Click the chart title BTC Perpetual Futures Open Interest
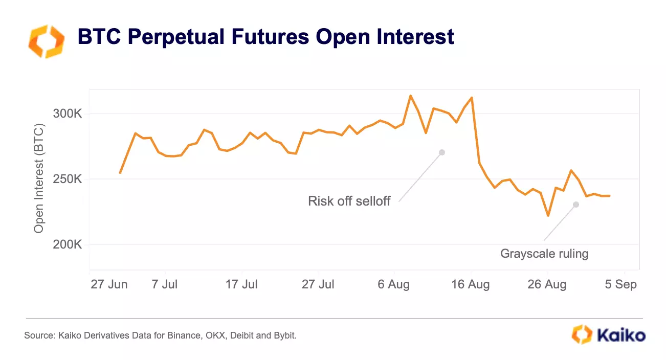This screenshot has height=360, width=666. pos(265,37)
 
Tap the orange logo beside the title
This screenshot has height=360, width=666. pos(46,41)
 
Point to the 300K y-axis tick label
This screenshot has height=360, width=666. pos(68,114)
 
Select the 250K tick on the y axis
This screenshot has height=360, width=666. pos(68,179)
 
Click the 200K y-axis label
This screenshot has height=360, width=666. pos(68,244)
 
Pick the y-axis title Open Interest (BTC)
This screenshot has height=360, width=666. pos(39,178)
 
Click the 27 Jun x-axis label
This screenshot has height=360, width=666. pos(109,284)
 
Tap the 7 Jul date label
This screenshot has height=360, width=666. pos(164,284)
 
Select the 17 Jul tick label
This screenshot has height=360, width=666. pos(241,284)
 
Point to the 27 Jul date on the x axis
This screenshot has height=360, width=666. pos(318,284)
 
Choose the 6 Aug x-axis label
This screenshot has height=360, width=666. pos(394,284)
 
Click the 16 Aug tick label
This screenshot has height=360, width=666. pos(471,284)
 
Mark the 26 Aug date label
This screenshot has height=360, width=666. pos(547,284)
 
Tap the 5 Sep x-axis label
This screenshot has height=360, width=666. pos(621,284)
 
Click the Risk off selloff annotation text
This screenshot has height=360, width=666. pos(349,201)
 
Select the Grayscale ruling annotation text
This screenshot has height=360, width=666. pos(544,253)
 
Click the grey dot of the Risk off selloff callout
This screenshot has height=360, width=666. pos(442,152)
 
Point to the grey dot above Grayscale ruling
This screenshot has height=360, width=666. pos(576,205)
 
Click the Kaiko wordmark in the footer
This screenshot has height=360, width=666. pos(620,335)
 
